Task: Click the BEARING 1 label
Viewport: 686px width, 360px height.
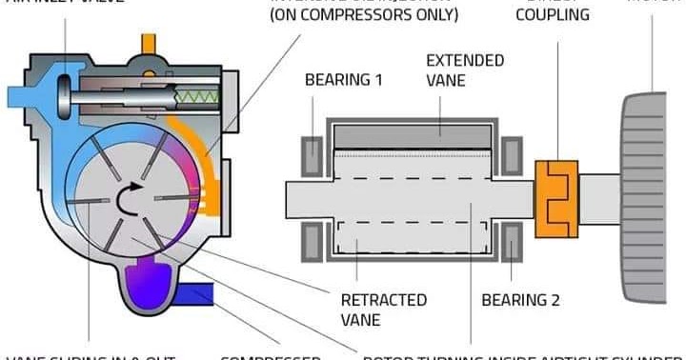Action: coord(343,80)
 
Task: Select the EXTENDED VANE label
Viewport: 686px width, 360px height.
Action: coord(464,70)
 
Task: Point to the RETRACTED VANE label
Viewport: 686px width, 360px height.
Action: coord(384,310)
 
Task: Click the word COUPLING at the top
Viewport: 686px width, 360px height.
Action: coord(553,15)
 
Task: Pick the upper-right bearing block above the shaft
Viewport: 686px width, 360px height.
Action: coord(512,151)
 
